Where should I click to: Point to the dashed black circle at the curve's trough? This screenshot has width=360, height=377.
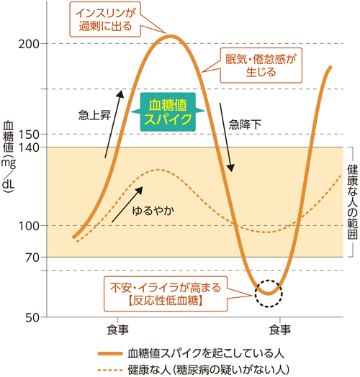tap(269, 291)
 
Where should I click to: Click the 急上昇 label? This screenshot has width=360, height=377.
tap(94, 115)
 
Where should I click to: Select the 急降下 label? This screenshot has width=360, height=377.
tap(246, 123)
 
